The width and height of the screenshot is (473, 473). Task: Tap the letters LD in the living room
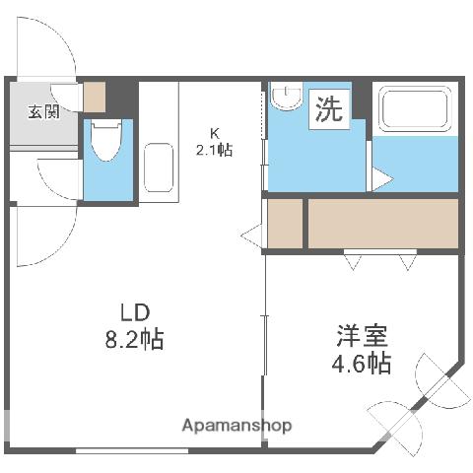pos(134,314)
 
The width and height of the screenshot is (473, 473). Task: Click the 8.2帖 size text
pos(136,341)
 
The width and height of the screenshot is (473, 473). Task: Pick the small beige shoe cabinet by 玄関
pos(95,97)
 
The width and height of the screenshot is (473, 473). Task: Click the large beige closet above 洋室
pos(383,224)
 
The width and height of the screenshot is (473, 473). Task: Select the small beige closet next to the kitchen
pos(285,224)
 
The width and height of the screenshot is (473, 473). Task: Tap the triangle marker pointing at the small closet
pos(252,236)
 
